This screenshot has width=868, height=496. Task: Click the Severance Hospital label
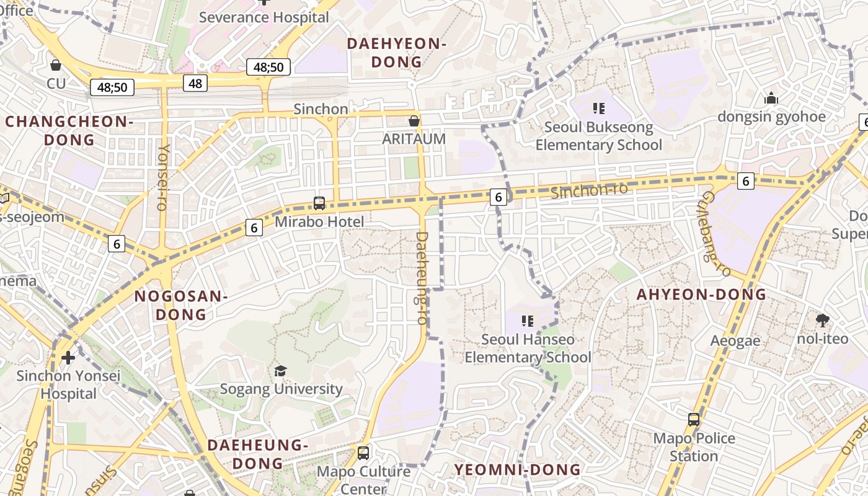click(263, 17)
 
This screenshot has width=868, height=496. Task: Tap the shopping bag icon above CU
click(56, 64)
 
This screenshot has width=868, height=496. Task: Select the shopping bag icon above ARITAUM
click(414, 120)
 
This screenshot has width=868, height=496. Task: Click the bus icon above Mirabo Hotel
click(319, 203)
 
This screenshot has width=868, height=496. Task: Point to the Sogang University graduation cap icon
click(281, 371)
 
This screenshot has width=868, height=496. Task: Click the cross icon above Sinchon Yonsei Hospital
click(68, 358)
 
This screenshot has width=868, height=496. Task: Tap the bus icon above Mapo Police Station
click(694, 420)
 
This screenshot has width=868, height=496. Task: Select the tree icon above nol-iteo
click(823, 321)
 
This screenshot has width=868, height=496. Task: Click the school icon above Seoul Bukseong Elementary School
click(598, 109)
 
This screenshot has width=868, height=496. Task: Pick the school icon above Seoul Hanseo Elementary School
click(528, 321)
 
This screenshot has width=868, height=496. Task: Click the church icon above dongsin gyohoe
click(771, 98)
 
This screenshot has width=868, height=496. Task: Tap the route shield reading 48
click(195, 83)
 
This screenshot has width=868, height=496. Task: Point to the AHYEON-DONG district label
click(701, 294)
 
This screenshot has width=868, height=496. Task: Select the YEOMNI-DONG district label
click(518, 469)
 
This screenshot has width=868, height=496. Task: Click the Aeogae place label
click(735, 341)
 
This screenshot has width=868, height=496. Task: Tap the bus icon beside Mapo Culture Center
click(363, 453)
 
